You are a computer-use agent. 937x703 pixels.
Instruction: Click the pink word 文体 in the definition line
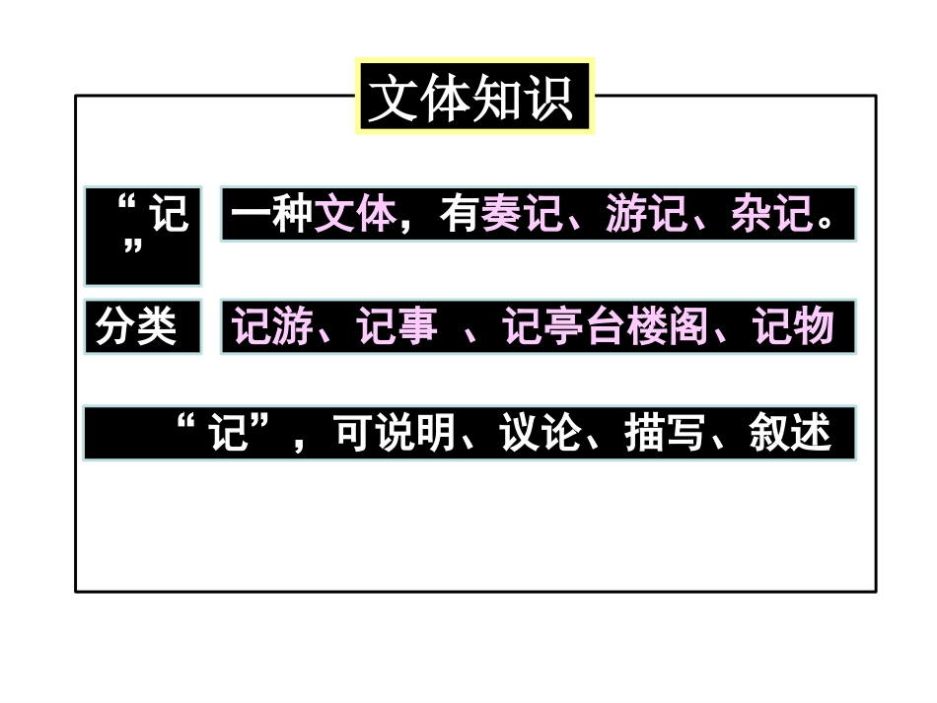click(355, 214)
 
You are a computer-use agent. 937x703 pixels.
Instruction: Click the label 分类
click(136, 327)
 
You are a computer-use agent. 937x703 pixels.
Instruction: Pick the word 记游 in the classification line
click(272, 327)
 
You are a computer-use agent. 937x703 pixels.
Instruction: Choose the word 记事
click(396, 327)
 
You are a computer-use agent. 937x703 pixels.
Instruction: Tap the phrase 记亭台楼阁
click(605, 327)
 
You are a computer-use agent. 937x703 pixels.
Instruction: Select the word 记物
click(793, 327)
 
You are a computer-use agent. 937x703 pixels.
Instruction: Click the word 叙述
click(790, 433)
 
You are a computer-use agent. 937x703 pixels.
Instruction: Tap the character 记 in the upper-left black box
click(170, 214)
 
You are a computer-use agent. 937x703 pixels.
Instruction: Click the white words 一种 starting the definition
click(271, 214)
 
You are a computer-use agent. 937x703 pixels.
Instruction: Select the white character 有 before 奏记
click(459, 214)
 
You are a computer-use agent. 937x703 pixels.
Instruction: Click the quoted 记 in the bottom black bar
click(230, 433)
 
